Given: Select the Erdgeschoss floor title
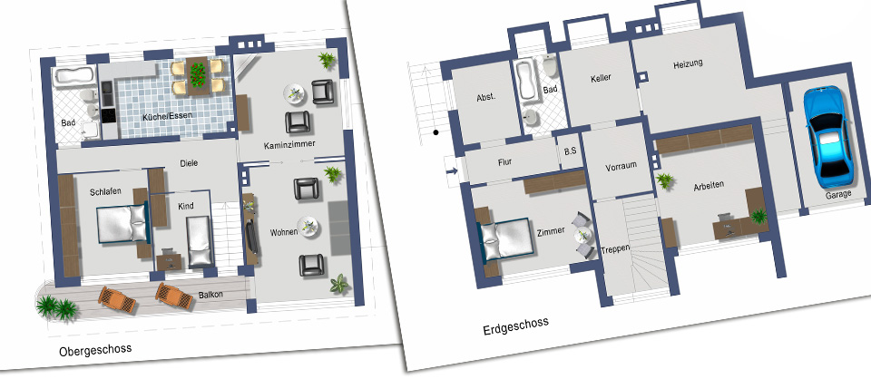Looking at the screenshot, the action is (x=515, y=326).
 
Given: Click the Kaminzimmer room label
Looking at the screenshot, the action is (x=289, y=144).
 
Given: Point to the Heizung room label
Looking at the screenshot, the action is (x=688, y=63).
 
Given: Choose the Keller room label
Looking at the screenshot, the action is (x=601, y=78).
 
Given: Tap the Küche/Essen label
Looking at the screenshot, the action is (x=167, y=117).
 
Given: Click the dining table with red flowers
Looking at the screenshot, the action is (x=197, y=75).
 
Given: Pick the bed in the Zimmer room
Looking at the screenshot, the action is (x=505, y=239).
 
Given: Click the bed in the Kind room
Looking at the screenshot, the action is (x=200, y=242).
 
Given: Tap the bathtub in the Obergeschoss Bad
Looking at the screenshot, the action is (x=73, y=77).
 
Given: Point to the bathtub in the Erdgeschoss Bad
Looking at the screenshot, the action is (x=525, y=81).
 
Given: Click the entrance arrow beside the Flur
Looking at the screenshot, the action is (x=452, y=170).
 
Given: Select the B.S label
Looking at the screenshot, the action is (x=570, y=150).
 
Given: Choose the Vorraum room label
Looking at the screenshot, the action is (x=621, y=166).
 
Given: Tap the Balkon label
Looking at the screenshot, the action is (x=210, y=296).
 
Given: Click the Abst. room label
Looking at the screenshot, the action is (x=485, y=97).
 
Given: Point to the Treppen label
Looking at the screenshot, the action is (x=615, y=249).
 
